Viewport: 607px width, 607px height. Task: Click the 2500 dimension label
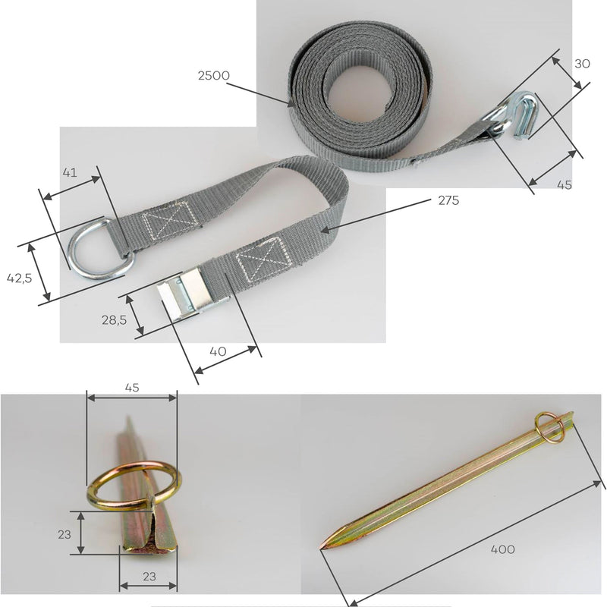tap(214, 75)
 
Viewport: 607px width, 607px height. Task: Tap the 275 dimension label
tap(448, 200)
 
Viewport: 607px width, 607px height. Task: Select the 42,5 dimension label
tap(19, 278)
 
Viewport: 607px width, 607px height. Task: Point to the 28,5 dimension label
tap(115, 319)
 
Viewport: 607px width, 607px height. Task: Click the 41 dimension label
tap(70, 172)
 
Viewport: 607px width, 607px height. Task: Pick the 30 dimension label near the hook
tap(582, 64)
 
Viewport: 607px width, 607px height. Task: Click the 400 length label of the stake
tap(502, 549)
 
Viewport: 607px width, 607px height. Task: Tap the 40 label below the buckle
tap(218, 351)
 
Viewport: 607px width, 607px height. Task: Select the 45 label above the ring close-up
tap(131, 388)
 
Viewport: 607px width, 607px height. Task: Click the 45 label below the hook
tap(564, 184)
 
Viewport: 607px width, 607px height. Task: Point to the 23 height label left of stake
tap(64, 534)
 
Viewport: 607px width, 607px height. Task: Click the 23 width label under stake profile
tap(149, 577)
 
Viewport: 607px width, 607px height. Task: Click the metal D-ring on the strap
tap(101, 248)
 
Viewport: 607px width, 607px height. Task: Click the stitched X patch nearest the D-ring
tap(170, 220)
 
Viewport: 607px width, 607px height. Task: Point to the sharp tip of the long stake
tap(320, 549)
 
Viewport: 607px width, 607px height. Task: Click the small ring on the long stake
tap(549, 427)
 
